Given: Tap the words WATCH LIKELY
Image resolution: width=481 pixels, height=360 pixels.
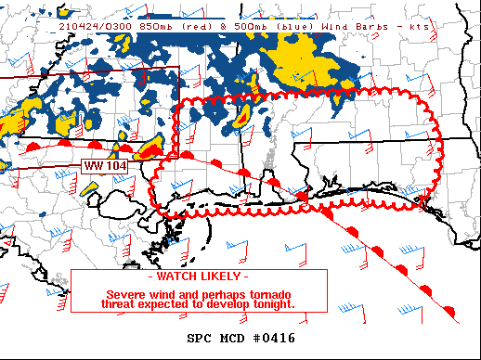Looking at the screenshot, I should pyautogui.click(x=199, y=277).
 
